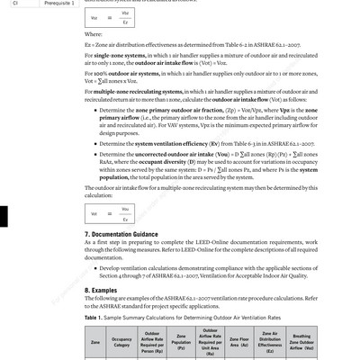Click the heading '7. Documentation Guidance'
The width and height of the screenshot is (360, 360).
coord(133,234)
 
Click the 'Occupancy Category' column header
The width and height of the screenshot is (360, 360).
coord(122,343)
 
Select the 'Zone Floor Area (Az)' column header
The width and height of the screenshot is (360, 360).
coord(238,343)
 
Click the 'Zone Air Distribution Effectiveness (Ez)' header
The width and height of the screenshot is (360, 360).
coord(270,343)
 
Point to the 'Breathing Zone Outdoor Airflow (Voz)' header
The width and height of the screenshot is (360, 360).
coord(302,343)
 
